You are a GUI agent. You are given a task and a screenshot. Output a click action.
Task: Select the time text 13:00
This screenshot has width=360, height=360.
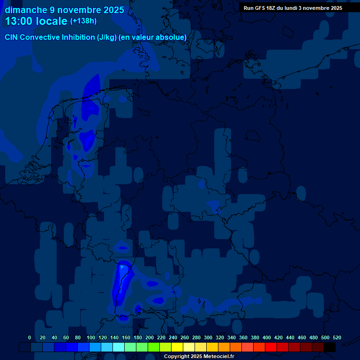tap(19, 21)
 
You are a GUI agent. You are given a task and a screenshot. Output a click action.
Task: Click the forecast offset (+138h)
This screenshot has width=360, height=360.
tap(83, 21)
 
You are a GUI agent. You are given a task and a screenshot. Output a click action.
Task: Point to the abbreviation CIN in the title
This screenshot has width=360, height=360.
tap(12, 37)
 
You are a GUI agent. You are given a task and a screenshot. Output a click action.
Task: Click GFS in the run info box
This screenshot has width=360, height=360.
tap(261, 8)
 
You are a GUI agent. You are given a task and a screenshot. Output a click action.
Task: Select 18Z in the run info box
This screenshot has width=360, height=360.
tap(273, 8)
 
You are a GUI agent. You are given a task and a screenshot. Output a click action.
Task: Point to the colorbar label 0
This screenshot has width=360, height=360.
tap(30, 337)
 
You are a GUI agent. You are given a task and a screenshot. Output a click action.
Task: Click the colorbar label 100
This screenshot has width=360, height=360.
tap(90, 337)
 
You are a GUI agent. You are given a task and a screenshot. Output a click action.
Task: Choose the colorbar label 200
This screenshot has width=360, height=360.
tap(149, 337)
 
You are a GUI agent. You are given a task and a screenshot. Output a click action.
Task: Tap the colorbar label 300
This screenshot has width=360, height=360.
tap(208, 337)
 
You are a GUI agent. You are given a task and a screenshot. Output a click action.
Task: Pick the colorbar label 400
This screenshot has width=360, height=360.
tap(266, 337)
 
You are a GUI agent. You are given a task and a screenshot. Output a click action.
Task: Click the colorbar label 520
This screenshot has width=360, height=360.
tap(337, 337)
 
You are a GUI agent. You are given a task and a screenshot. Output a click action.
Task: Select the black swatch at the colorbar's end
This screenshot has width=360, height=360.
tap(330, 347)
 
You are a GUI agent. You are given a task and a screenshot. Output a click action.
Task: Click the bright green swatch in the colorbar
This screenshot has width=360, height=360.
tap(154, 347)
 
